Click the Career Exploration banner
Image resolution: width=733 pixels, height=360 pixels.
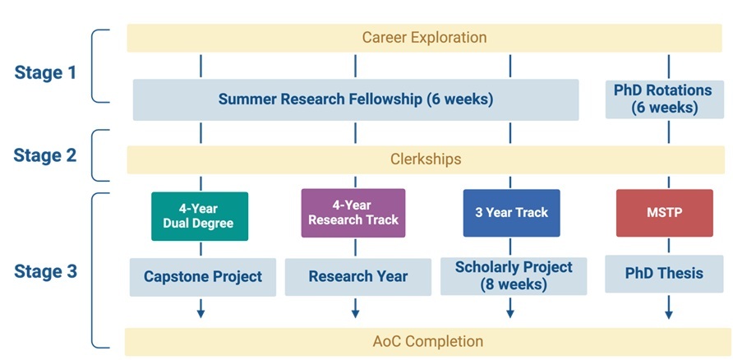tap(425, 38)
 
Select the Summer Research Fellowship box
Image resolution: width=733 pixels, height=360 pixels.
tap(356, 99)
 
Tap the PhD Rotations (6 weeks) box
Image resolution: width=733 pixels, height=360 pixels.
tap(665, 99)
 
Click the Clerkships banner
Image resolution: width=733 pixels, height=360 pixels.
tap(425, 159)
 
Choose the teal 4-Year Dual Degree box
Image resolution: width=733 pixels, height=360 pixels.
tap(200, 216)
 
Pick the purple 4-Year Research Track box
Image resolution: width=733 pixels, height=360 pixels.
tap(353, 213)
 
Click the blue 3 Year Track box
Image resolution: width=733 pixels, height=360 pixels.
tap(511, 213)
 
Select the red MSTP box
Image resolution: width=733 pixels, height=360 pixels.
tap(665, 213)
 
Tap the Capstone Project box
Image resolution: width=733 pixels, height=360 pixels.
tap(203, 277)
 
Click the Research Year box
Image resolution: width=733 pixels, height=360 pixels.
tap(358, 277)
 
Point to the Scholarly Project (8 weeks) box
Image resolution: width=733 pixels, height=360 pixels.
tap(514, 276)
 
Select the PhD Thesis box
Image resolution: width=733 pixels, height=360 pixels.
tap(664, 274)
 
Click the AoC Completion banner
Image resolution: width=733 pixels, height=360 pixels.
tap(425, 342)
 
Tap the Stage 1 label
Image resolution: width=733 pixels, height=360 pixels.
tap(45, 72)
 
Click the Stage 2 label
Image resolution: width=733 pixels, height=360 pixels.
tap(45, 155)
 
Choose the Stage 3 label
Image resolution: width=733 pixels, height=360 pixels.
tap(45, 271)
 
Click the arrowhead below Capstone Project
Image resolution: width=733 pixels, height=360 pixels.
tap(201, 314)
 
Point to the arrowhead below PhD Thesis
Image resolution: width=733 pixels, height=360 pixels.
tap(669, 315)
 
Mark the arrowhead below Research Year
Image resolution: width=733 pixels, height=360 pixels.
tap(355, 314)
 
